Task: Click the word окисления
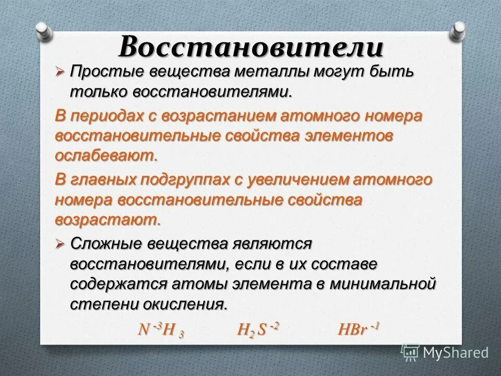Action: (x=187, y=304)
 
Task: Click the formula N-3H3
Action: (x=161, y=330)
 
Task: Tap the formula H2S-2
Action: (x=258, y=330)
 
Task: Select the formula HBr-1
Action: (x=358, y=330)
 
